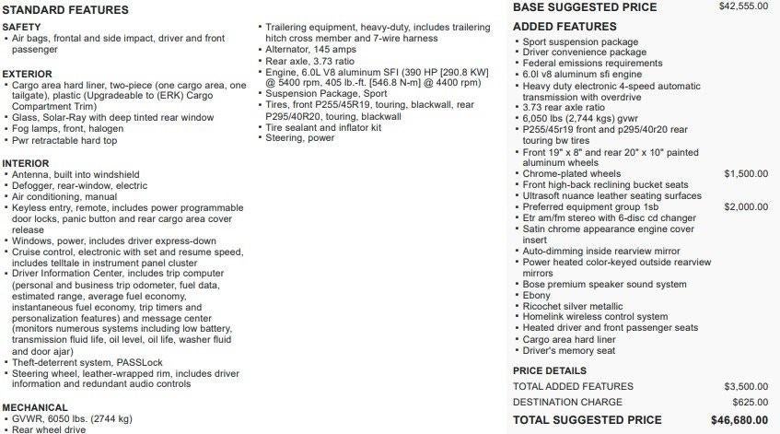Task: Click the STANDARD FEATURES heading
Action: [64, 10]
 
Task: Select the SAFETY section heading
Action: [22, 28]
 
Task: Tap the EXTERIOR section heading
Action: [28, 74]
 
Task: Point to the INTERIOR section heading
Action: [27, 163]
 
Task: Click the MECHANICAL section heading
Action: [35, 407]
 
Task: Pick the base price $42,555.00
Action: [742, 6]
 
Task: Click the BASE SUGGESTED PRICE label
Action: [585, 7]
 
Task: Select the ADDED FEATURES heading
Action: [565, 27]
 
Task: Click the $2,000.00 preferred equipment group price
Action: [745, 206]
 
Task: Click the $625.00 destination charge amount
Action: [751, 403]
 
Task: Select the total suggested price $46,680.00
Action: [739, 420]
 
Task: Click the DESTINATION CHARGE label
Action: [568, 403]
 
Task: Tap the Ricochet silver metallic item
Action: [572, 306]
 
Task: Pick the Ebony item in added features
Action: [539, 295]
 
